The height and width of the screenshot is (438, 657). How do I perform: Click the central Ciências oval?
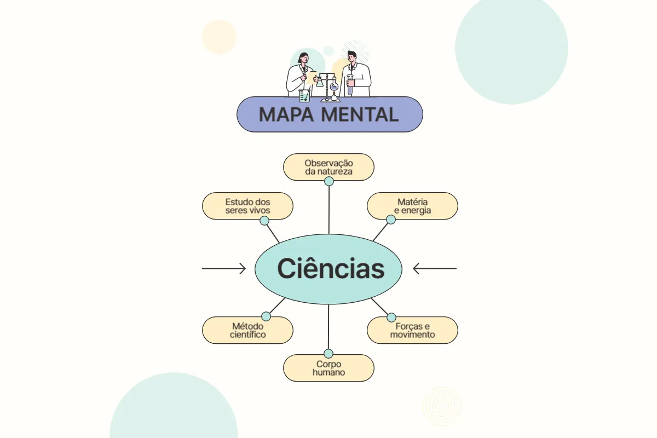click(x=328, y=269)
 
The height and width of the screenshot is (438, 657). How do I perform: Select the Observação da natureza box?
click(x=328, y=167)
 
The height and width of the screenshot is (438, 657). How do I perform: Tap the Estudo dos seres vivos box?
click(x=247, y=206)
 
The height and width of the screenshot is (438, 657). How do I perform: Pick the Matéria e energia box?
click(x=412, y=206)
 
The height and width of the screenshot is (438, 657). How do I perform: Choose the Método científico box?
click(x=247, y=330)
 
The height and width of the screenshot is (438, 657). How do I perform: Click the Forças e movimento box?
click(x=412, y=330)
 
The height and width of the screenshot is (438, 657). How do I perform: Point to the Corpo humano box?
click(x=328, y=368)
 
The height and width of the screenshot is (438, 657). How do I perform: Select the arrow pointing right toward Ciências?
click(x=224, y=268)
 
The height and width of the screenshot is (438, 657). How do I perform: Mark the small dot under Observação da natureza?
click(x=329, y=181)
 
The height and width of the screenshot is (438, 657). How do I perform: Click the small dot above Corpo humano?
click(x=328, y=354)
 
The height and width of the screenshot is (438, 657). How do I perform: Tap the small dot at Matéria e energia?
click(x=391, y=220)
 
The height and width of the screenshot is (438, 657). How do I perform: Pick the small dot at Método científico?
click(x=266, y=316)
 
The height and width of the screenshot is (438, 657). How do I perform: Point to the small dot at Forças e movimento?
click(x=391, y=317)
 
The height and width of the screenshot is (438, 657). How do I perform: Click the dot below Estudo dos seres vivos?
click(x=264, y=221)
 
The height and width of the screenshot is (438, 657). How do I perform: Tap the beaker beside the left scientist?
click(x=304, y=96)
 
